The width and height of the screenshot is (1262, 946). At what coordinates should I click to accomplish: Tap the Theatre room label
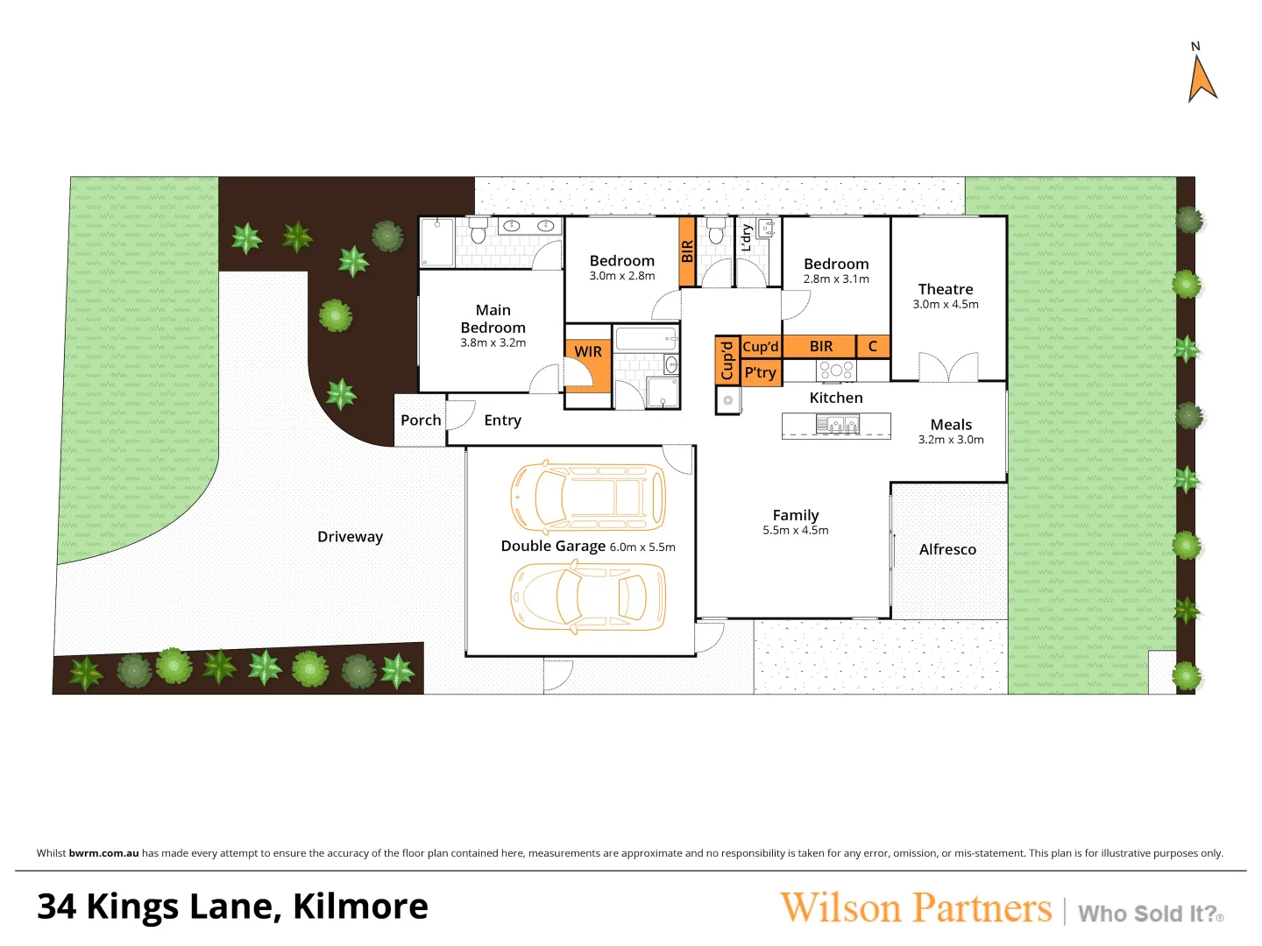pos(945,289)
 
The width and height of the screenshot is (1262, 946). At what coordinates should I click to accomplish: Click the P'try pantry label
pos(760,372)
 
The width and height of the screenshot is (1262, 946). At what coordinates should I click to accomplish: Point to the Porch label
pos(421,420)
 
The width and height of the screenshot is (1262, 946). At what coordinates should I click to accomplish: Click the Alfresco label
pos(947,549)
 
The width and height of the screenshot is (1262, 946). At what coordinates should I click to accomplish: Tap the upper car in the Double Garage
pos(588,497)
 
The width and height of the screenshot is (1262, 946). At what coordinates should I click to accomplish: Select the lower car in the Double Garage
pos(588,597)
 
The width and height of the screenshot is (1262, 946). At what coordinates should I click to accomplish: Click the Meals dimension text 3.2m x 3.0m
pos(951,440)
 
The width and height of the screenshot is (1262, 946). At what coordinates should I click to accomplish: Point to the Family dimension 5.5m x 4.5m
pos(795,531)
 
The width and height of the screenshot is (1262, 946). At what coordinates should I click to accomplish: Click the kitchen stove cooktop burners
pos(836,371)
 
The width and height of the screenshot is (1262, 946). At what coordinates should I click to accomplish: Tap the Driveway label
pos(350,537)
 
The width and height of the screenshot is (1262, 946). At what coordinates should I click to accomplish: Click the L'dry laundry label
pos(746,237)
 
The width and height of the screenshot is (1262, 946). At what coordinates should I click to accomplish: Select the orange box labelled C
pos(873,347)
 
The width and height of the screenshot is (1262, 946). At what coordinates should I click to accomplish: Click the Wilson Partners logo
pos(915,908)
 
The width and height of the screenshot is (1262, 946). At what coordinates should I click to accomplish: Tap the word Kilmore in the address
pos(360,907)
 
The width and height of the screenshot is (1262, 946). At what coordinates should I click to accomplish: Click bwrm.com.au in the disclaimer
pos(103,853)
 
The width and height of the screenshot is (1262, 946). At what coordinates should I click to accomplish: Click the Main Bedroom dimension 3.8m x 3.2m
pos(493,343)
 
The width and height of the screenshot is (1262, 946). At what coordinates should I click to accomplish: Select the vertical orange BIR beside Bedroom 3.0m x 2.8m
pos(687,251)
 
